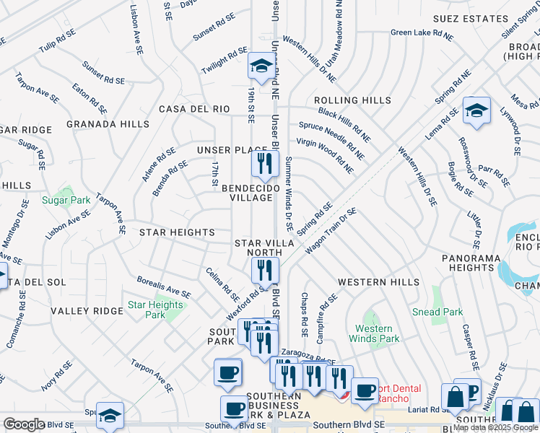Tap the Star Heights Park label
pos(155,310)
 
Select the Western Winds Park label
pos(374,333)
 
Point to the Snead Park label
pos(437,312)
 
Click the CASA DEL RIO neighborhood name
pos(194,109)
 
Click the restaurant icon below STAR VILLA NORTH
pos(265,271)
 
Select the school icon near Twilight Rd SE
pos(260,66)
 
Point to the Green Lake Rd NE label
pos(422,32)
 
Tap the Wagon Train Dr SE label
pos(331,231)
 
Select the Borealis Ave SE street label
pos(164,287)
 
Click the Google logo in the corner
pos(24,424)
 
